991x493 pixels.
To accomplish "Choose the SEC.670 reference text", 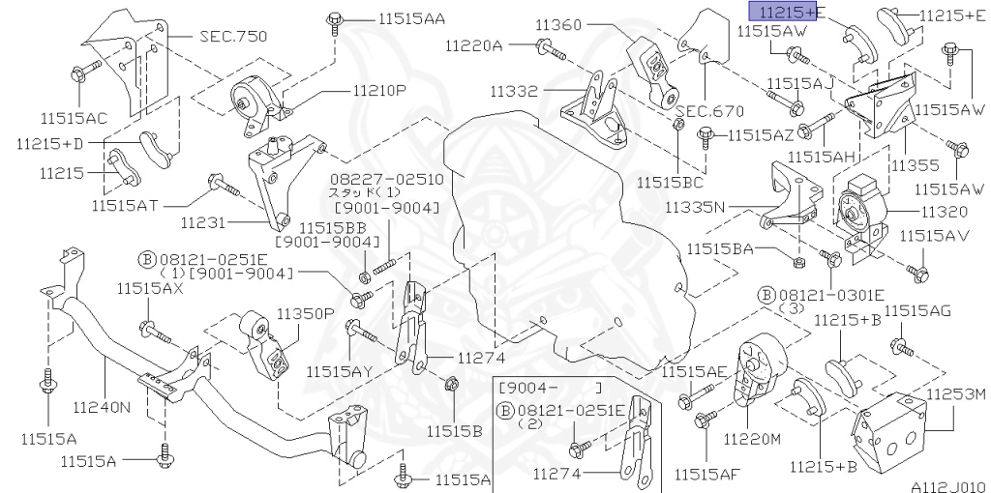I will tap(709, 111).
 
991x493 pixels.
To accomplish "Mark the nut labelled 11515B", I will tap(450, 387).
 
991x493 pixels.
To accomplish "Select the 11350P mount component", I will tap(263, 346).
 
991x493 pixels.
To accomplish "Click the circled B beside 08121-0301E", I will tap(766, 294).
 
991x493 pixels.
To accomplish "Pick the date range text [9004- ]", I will tap(547, 387).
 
